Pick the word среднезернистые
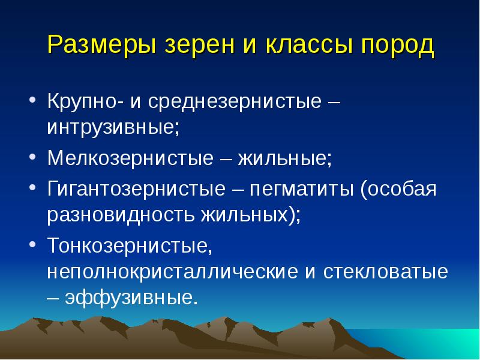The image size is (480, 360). coord(235,101)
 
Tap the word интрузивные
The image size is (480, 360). coord(113,127)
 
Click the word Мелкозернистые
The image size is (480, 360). coord(130,158)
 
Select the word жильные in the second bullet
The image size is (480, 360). coord(284,158)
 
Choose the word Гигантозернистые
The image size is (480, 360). coord(137,188)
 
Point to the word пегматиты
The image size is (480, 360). coord(302,188)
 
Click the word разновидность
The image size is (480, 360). coord(121,215)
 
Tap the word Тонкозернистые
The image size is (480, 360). coord(130,245)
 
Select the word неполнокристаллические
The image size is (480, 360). coord(173,271)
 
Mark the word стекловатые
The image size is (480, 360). coord(385,271)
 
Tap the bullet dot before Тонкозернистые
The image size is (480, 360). coord(32,244)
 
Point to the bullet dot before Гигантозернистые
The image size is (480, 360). coord(32,187)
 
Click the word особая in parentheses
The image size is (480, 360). coord(402,188)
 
